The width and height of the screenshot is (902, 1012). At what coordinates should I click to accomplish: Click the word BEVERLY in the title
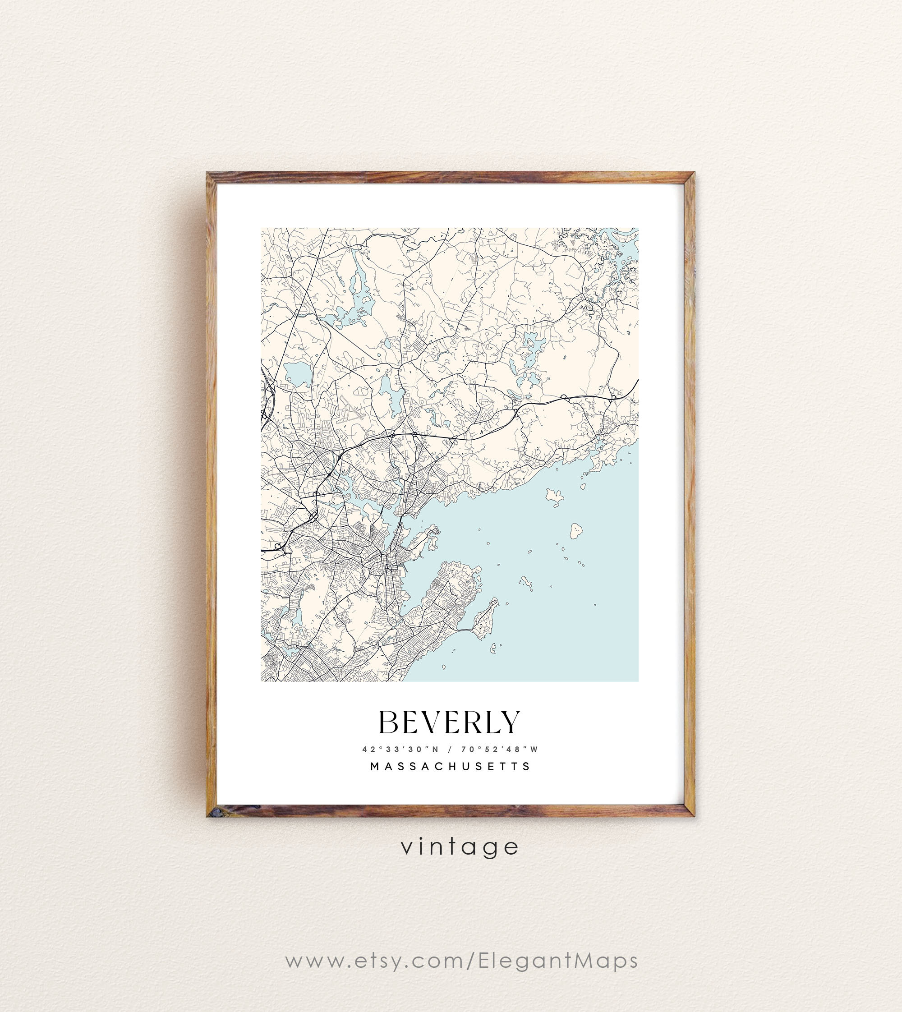click(450, 722)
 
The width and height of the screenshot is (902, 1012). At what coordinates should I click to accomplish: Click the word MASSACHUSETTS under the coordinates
click(451, 766)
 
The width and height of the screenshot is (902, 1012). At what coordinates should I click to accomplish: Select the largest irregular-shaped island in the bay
click(555, 495)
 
